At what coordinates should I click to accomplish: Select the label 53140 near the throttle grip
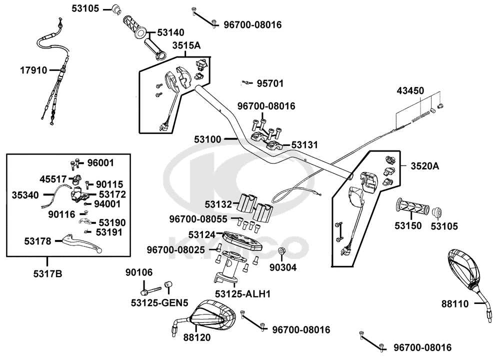click(171, 32)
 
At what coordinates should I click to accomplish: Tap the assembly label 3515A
click(186, 45)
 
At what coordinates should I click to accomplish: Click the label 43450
click(410, 91)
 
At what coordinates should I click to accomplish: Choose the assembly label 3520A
click(425, 166)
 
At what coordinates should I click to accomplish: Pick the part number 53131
click(304, 145)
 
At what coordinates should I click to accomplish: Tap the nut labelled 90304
click(281, 250)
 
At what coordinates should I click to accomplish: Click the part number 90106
click(139, 272)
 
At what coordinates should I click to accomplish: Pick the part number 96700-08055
click(198, 218)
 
